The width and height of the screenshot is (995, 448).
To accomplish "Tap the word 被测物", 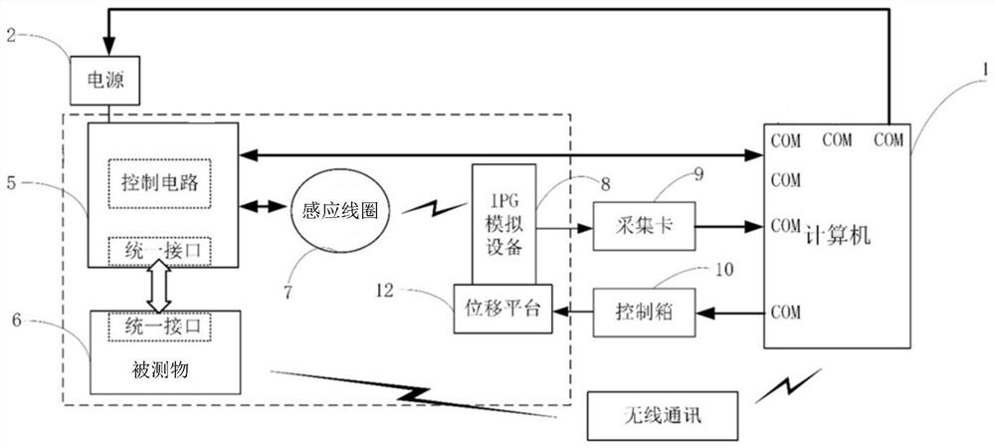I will click(161, 370).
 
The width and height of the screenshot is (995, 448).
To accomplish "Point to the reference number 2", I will click(10, 37).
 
